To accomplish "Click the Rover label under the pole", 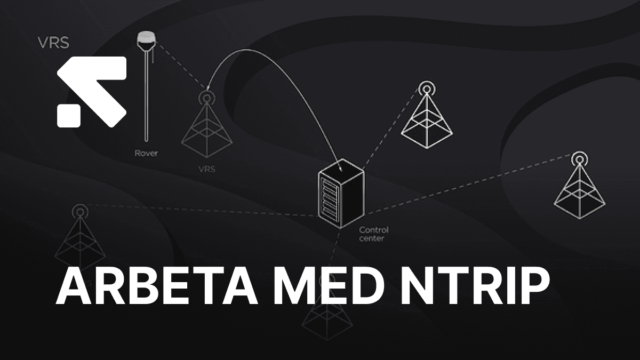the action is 146,153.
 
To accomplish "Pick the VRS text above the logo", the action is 53,43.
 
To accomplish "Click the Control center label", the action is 373,234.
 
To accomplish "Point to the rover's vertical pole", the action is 145,96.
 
